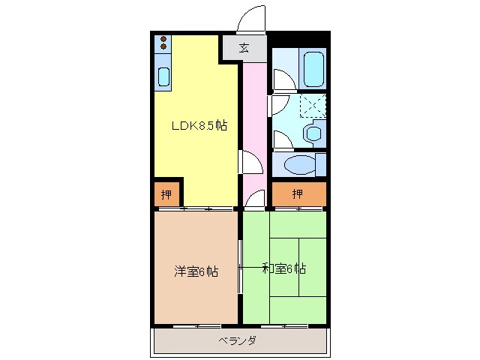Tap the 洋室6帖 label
196,271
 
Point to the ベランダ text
238,341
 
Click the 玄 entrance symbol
244,49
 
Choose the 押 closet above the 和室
298,194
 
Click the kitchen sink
163,75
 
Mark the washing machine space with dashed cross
313,106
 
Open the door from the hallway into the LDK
248,160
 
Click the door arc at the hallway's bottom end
255,198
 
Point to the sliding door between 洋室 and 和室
240,267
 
